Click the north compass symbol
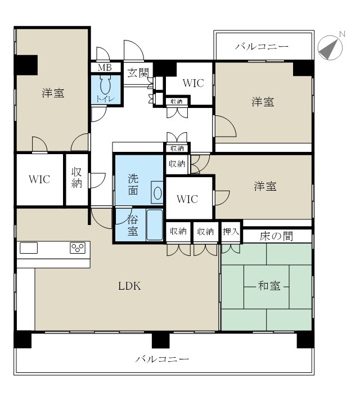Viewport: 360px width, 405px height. tap(331, 47)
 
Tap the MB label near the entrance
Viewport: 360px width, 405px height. tap(105, 67)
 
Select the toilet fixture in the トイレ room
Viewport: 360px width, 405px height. tap(105, 86)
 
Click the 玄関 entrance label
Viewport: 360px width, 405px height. tap(137, 73)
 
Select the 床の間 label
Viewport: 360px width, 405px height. tap(276, 236)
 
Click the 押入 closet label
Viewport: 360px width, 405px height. tap(231, 231)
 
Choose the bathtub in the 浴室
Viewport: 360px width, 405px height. tap(154, 226)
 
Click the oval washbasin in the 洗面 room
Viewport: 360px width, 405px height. tap(157, 193)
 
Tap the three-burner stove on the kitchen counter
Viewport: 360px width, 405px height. tap(78, 248)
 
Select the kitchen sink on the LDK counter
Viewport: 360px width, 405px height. tap(29, 248)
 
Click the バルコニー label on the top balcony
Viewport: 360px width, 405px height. tap(262, 46)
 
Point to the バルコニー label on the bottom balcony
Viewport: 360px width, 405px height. tap(162, 358)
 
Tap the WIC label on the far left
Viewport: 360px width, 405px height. tap(39, 179)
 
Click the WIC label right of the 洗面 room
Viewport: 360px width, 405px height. tap(187, 199)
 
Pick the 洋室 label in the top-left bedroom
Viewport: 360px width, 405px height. tap(53, 93)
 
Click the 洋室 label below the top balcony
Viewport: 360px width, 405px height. tap(263, 102)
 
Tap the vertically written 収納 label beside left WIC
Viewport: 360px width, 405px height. tap(77, 178)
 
